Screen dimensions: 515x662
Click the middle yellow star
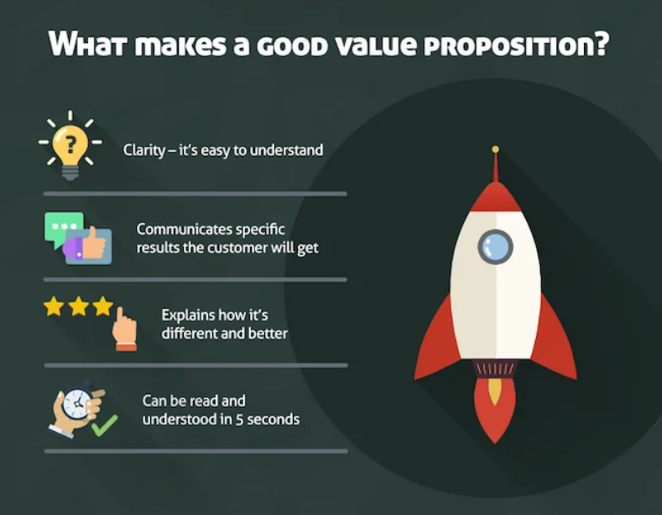click(79, 306)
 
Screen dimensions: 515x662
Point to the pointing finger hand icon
click(124, 328)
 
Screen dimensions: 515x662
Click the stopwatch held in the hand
click(75, 403)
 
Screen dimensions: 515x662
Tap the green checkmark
click(103, 426)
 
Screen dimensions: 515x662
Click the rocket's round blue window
click(495, 247)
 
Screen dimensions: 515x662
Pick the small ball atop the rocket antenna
click(495, 149)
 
